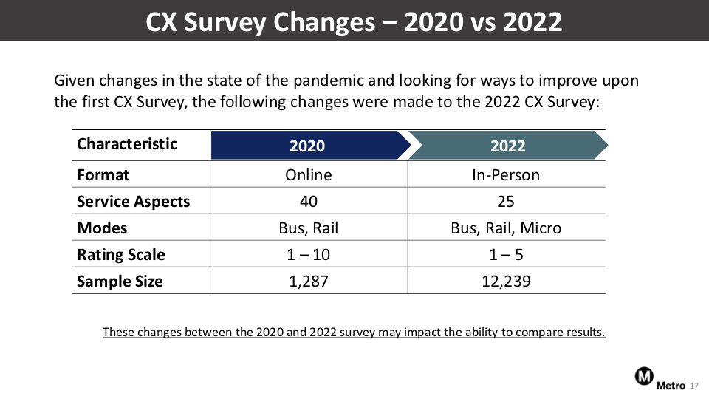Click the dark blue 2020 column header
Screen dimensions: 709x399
tap(310, 146)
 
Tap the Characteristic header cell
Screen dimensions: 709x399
tap(127, 144)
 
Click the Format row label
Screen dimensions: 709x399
tap(103, 174)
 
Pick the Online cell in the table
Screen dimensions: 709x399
tap(309, 174)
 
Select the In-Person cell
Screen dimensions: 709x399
tap(506, 174)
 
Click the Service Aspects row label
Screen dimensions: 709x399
tap(134, 201)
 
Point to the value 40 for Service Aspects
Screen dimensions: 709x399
tap(309, 201)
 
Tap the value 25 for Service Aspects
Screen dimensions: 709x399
tap(505, 201)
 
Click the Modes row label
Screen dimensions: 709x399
tap(102, 228)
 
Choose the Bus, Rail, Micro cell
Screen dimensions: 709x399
tap(506, 228)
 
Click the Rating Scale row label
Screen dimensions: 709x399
tap(120, 255)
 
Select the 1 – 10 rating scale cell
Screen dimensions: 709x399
tap(309, 255)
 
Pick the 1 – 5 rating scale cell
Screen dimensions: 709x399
tap(506, 255)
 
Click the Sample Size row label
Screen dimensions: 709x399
tap(120, 282)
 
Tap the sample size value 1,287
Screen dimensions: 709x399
tap(309, 282)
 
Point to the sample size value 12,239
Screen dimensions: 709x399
tap(506, 282)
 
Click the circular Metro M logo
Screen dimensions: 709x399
tap(644, 376)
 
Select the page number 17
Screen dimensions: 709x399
tap(694, 386)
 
